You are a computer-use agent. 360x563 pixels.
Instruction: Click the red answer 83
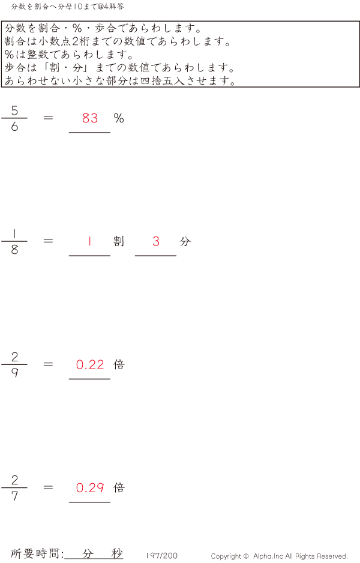(x=90, y=118)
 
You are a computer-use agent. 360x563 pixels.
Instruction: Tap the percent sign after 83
(x=119, y=118)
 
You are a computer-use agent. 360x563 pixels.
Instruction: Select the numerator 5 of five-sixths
(x=14, y=110)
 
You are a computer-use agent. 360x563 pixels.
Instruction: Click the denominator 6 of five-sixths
(x=14, y=126)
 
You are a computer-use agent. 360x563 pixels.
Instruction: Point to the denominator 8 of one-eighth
(x=14, y=249)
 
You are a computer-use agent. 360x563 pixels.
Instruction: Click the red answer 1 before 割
(x=89, y=241)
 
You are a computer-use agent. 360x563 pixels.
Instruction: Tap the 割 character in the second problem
(x=119, y=241)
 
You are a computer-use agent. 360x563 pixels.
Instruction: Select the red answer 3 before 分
(x=156, y=241)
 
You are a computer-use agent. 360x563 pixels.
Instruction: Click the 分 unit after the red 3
(x=185, y=241)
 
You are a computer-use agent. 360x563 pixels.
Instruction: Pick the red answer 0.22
(x=90, y=365)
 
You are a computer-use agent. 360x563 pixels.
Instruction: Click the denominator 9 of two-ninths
(x=14, y=373)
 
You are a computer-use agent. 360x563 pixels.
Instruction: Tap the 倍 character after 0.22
(x=119, y=364)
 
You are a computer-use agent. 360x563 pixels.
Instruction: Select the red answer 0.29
(x=90, y=487)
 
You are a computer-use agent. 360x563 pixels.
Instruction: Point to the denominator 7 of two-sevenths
(x=14, y=496)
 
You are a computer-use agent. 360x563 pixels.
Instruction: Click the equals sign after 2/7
(x=48, y=487)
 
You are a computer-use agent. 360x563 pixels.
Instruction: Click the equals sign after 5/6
(x=48, y=118)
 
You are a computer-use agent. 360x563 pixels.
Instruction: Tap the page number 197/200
(x=161, y=556)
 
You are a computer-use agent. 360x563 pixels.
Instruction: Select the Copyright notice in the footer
(x=279, y=556)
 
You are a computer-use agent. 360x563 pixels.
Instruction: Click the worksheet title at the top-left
(x=67, y=7)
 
